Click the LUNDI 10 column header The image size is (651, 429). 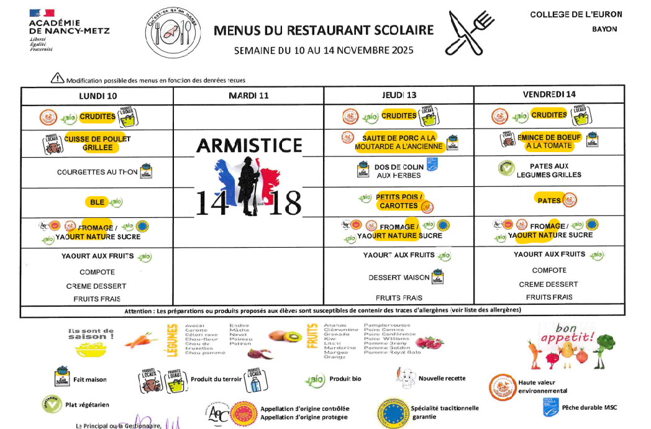[x=98, y=96]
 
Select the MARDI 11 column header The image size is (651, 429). [x=248, y=96]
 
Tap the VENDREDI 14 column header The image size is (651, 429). [x=549, y=94]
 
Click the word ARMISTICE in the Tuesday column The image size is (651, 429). [x=249, y=145]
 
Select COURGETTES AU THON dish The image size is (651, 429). [x=98, y=172]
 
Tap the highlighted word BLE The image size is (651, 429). [x=97, y=202]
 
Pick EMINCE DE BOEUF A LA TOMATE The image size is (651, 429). [x=549, y=142]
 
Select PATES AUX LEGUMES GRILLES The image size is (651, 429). [x=549, y=170]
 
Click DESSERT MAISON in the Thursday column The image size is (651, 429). [x=399, y=278]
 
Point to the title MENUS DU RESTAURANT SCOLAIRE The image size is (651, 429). [x=324, y=30]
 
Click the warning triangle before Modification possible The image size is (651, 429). [x=58, y=78]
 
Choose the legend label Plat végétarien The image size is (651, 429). [x=87, y=405]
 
